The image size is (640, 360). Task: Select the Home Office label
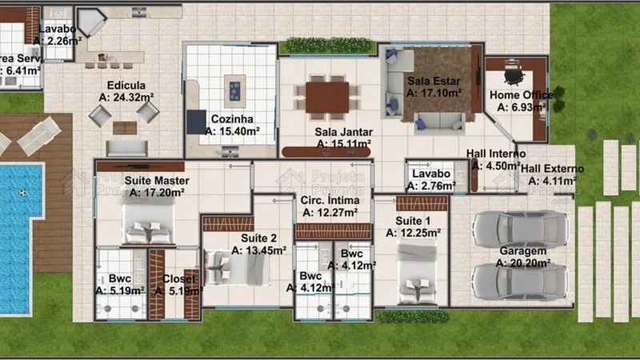pyautogui.click(x=521, y=95)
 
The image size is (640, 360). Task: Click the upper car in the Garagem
pyautogui.click(x=519, y=229)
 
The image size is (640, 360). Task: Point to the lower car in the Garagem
pyautogui.click(x=519, y=281)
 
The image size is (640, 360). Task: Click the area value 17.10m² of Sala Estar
pyautogui.click(x=434, y=94)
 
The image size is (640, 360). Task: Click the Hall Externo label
pyautogui.click(x=552, y=169)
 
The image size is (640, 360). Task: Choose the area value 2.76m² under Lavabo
pyautogui.click(x=430, y=186)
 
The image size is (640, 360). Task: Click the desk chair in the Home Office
pyautogui.click(x=513, y=76)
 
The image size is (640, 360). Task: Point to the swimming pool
pyautogui.click(x=18, y=232)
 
